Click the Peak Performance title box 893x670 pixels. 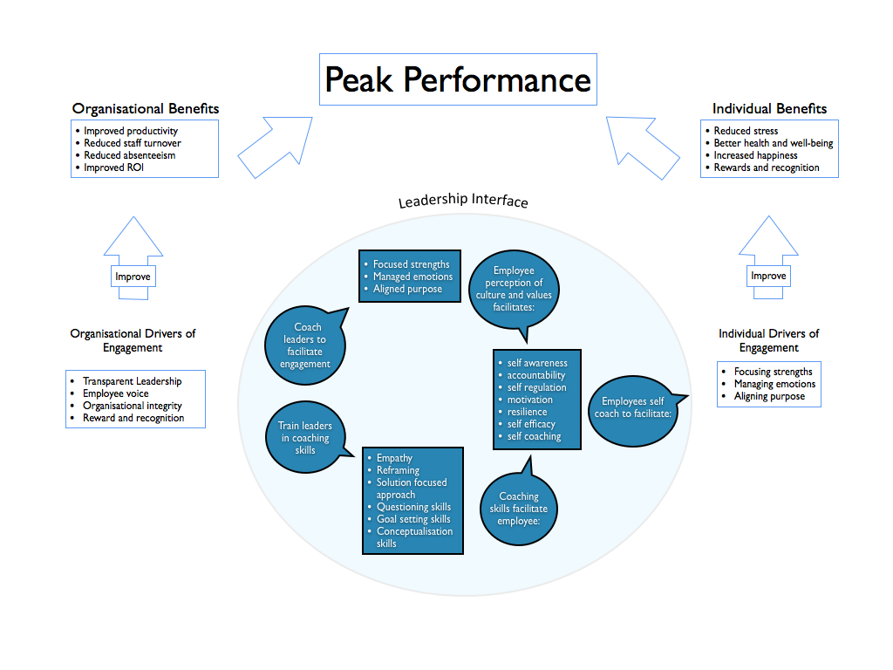[x=458, y=79]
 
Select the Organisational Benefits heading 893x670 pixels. [x=145, y=109]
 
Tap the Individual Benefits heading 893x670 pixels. [x=769, y=109]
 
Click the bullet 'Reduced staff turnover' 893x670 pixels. [x=133, y=143]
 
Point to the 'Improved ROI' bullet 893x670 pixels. [x=113, y=167]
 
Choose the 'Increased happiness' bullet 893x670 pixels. [x=755, y=155]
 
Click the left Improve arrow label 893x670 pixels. [x=133, y=277]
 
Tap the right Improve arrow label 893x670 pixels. [x=768, y=277]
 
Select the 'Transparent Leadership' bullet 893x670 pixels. [x=132, y=381]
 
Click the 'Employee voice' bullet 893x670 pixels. [x=115, y=393]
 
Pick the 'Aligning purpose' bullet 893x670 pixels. [x=769, y=396]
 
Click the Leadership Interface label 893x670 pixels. [x=463, y=202]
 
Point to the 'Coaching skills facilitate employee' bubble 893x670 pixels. [x=519, y=509]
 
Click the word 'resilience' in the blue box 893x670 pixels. [x=527, y=412]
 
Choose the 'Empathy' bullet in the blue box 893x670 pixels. [x=394, y=458]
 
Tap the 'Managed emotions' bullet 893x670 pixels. [x=412, y=277]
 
